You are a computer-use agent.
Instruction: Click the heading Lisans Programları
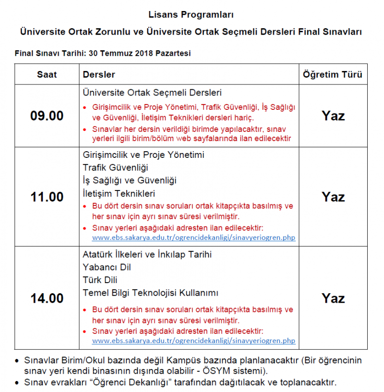[192, 15]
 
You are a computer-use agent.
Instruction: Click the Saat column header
[47, 74]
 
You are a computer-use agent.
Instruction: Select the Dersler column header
[99, 74]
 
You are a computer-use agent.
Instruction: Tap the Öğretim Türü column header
[333, 74]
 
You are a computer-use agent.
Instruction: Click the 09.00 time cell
[47, 116]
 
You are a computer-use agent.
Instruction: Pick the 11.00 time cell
[47, 197]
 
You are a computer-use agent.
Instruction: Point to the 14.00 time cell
[47, 298]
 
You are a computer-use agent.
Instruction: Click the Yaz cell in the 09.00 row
[333, 116]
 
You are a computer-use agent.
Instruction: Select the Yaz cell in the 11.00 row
[333, 197]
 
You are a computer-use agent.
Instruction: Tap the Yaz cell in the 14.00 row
[333, 298]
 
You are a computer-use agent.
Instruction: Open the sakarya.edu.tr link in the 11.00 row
[193, 238]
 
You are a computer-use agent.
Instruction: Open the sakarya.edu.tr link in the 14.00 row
[193, 341]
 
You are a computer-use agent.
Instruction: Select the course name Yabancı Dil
[107, 267]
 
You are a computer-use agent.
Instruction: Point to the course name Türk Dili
[100, 280]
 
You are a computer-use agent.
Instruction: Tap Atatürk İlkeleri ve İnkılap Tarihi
[147, 254]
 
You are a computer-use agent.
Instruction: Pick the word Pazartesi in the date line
[171, 53]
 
